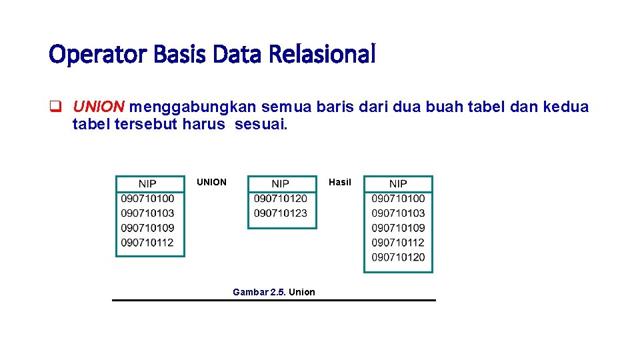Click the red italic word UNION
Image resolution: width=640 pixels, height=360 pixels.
[99, 107]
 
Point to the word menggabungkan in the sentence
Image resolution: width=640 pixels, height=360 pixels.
[193, 107]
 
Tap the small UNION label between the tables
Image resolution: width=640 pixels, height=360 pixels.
[211, 182]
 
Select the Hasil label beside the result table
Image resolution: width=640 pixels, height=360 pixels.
[340, 182]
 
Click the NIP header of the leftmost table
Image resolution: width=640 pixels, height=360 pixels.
[147, 184]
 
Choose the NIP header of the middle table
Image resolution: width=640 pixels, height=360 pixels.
[281, 184]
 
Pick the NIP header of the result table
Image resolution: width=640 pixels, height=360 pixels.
[398, 184]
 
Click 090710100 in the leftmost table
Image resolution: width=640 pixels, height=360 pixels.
[147, 198]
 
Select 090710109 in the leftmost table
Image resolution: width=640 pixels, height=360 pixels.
[147, 228]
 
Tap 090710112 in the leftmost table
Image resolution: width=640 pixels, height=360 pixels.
[147, 243]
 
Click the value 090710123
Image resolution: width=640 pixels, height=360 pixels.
[281, 213]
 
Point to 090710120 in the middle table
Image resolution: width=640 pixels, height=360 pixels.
[281, 198]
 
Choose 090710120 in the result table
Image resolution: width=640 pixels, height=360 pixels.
[398, 257]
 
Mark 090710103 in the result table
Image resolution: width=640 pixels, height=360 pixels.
[398, 213]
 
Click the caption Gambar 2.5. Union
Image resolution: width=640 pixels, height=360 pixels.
[274, 292]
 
